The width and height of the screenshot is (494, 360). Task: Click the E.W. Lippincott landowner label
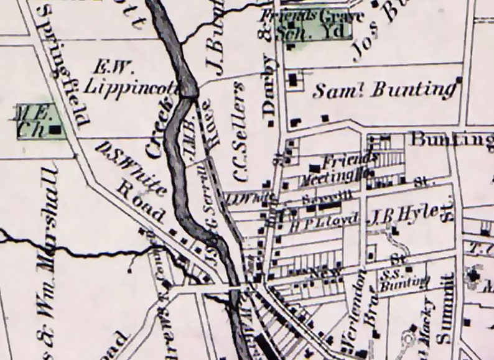coord(131,77)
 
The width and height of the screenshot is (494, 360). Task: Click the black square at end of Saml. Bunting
coord(459,80)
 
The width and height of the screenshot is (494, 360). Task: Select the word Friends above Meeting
coord(341,159)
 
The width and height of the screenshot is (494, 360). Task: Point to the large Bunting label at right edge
coord(449,140)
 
